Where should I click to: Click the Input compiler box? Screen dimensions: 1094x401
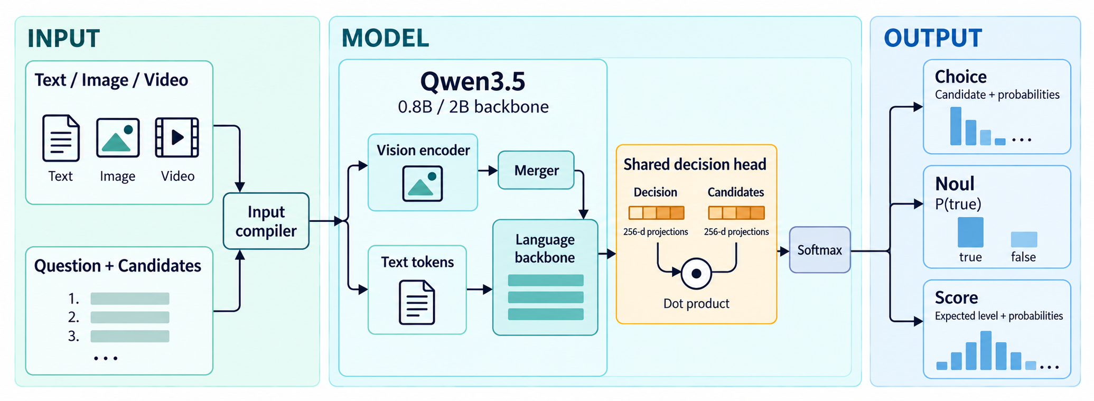coord(266,221)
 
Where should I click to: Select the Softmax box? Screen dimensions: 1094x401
coord(819,250)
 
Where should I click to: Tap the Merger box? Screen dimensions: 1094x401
coord(536,170)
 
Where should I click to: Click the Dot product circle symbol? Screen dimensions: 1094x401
coord(696,273)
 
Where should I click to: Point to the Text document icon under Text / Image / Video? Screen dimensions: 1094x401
coord(61,138)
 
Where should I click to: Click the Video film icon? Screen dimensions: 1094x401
coord(177,137)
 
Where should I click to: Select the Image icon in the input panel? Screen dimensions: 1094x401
coord(118,138)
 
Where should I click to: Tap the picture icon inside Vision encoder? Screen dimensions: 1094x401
coord(422,183)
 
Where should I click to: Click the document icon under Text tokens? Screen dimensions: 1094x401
coord(417,302)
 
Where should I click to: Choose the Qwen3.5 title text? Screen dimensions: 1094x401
coord(473,81)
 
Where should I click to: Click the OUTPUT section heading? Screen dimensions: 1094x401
coord(933,38)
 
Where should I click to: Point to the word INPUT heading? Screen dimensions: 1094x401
coord(63,39)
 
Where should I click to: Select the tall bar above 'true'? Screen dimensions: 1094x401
coord(970,232)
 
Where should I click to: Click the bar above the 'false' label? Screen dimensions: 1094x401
coord(1024,239)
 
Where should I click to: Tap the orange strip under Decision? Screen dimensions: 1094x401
coord(656,213)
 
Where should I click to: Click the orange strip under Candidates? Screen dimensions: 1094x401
coord(736,213)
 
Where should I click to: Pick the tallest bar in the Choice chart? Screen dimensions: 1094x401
coord(956,126)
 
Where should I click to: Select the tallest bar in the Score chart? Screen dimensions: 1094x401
coord(986,350)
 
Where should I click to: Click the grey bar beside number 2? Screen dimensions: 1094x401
coord(130,318)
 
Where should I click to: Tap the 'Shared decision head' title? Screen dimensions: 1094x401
coord(695,164)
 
